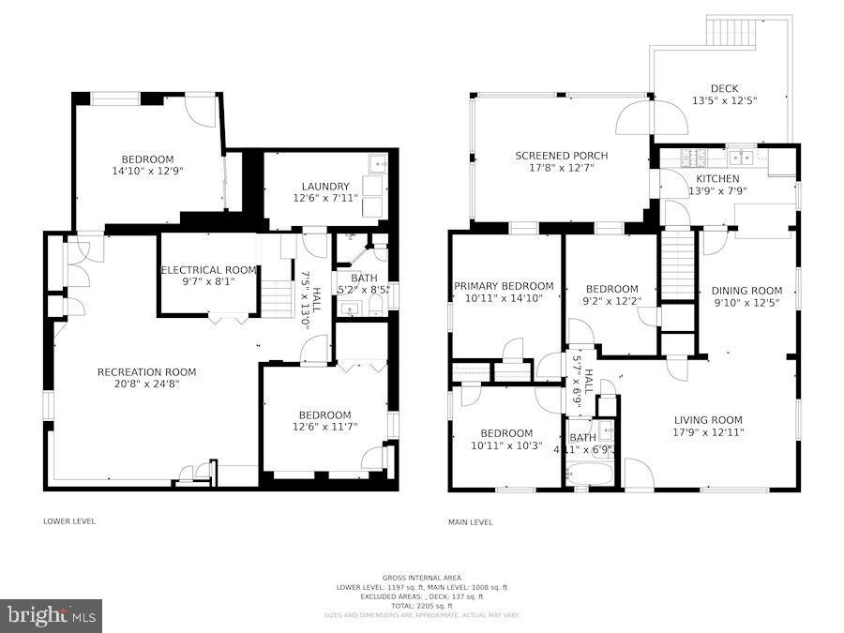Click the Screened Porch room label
[x=561, y=156]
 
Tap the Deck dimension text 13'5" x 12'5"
[x=724, y=100]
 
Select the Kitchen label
[x=716, y=178]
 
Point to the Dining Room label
[x=746, y=291]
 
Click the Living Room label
[x=708, y=420]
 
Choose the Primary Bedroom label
[x=504, y=286]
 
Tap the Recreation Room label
[x=146, y=372]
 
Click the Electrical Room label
[x=208, y=270]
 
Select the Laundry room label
[x=325, y=186]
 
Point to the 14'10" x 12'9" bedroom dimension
[x=147, y=172]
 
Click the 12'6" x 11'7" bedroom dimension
[x=324, y=428]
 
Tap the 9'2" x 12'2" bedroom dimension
[x=611, y=301]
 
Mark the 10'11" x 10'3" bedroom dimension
[x=506, y=445]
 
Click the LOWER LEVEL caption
[x=69, y=521]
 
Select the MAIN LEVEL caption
[x=471, y=522]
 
